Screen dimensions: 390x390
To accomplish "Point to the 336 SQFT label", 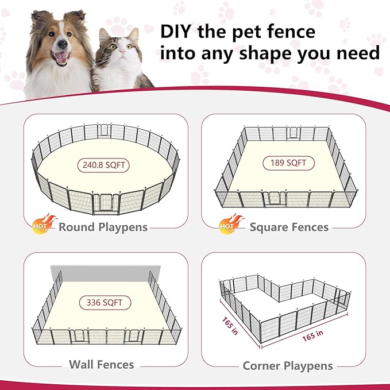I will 105,303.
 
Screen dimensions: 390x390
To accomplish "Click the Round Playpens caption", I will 103,227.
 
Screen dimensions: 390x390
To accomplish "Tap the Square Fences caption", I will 289,227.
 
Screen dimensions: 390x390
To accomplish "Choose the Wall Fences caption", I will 101,364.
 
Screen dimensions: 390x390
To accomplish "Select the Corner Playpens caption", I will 287,365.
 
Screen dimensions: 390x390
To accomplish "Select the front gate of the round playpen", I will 105,202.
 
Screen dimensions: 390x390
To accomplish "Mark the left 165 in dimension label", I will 230,327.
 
